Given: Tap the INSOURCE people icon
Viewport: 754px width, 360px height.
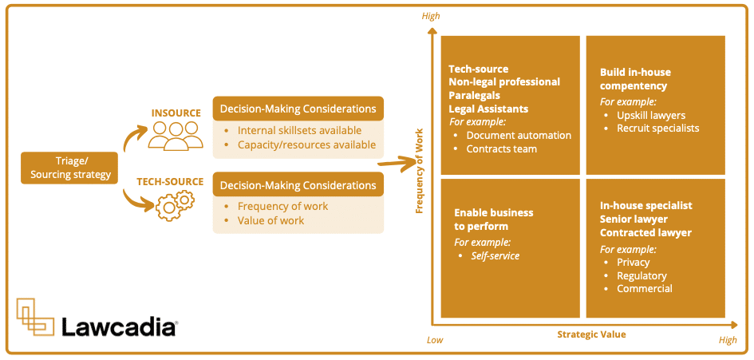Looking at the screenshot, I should click(x=176, y=135).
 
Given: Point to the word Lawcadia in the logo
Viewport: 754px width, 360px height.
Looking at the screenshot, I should click(x=119, y=325).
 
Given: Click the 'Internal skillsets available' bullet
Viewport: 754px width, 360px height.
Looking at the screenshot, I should click(x=299, y=130).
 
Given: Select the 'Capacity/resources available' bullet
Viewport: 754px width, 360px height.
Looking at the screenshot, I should click(x=306, y=144).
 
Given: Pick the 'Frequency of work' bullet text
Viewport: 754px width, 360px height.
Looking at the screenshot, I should click(x=282, y=206).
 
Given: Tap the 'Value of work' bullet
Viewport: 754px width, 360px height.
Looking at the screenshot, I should click(x=270, y=220).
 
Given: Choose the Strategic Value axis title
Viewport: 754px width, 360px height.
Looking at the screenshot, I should click(x=591, y=334).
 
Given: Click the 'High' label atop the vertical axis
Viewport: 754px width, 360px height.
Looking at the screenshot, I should click(x=431, y=16).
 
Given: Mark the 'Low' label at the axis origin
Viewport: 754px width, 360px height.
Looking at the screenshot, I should click(x=435, y=340).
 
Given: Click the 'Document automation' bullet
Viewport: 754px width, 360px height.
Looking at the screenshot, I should click(x=519, y=136).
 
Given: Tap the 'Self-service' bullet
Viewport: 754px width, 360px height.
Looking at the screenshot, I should click(x=495, y=256).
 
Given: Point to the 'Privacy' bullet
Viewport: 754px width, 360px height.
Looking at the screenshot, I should click(x=633, y=262).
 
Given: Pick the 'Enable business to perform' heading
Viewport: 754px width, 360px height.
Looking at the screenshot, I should click(x=494, y=220).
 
